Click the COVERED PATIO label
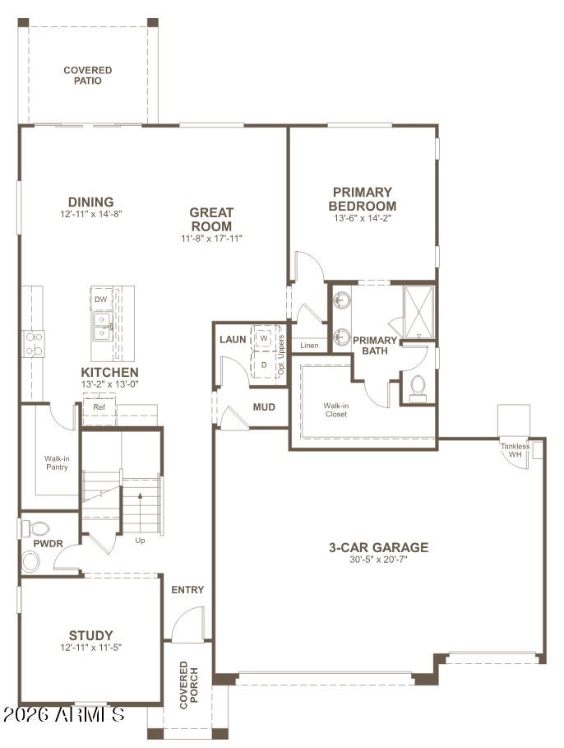coord(88,76)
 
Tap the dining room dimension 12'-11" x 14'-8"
coord(91,214)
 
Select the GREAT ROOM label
coord(211,220)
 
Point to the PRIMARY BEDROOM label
coord(363,199)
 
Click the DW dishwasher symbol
coord(101,299)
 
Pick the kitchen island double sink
coord(102,327)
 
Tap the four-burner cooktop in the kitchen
coord(34,344)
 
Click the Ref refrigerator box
coord(99,407)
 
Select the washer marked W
coord(264,338)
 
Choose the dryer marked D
coord(264,365)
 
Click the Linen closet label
coord(309,346)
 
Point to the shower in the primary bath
coord(418,312)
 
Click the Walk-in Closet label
coord(336,410)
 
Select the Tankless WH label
coord(515,450)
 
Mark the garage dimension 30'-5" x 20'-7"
coord(378,560)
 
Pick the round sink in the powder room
coord(31,561)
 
